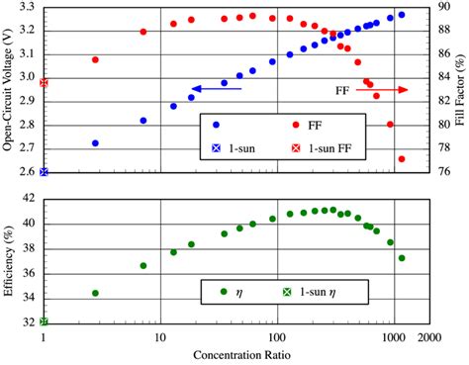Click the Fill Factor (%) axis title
pos(461,92)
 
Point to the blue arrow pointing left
pos(216,89)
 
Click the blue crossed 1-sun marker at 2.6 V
pos(44,172)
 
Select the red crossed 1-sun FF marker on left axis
pos(44,83)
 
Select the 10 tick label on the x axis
pos(160,336)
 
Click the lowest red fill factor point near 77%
pos(402,158)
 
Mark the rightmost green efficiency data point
pos(402,258)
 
